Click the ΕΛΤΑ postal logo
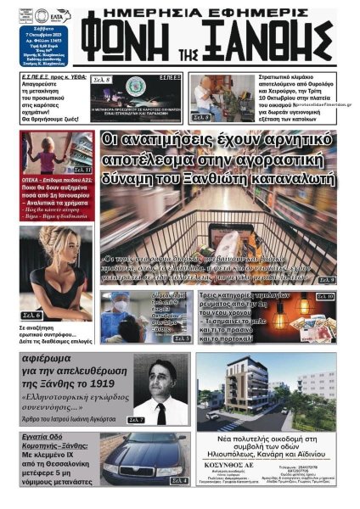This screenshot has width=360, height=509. pos(55,14)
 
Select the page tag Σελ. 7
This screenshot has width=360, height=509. pos(138,419)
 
